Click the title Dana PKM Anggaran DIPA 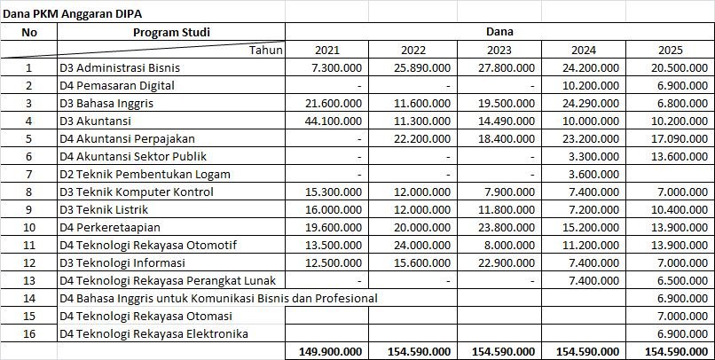72,13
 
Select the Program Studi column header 172,32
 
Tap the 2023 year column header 499,50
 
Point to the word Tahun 265,50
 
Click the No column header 29,32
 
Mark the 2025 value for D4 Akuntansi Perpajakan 677,138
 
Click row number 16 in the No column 29,333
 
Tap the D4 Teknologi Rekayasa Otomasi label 145,316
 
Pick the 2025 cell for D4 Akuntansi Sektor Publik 677,156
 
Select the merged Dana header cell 499,32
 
